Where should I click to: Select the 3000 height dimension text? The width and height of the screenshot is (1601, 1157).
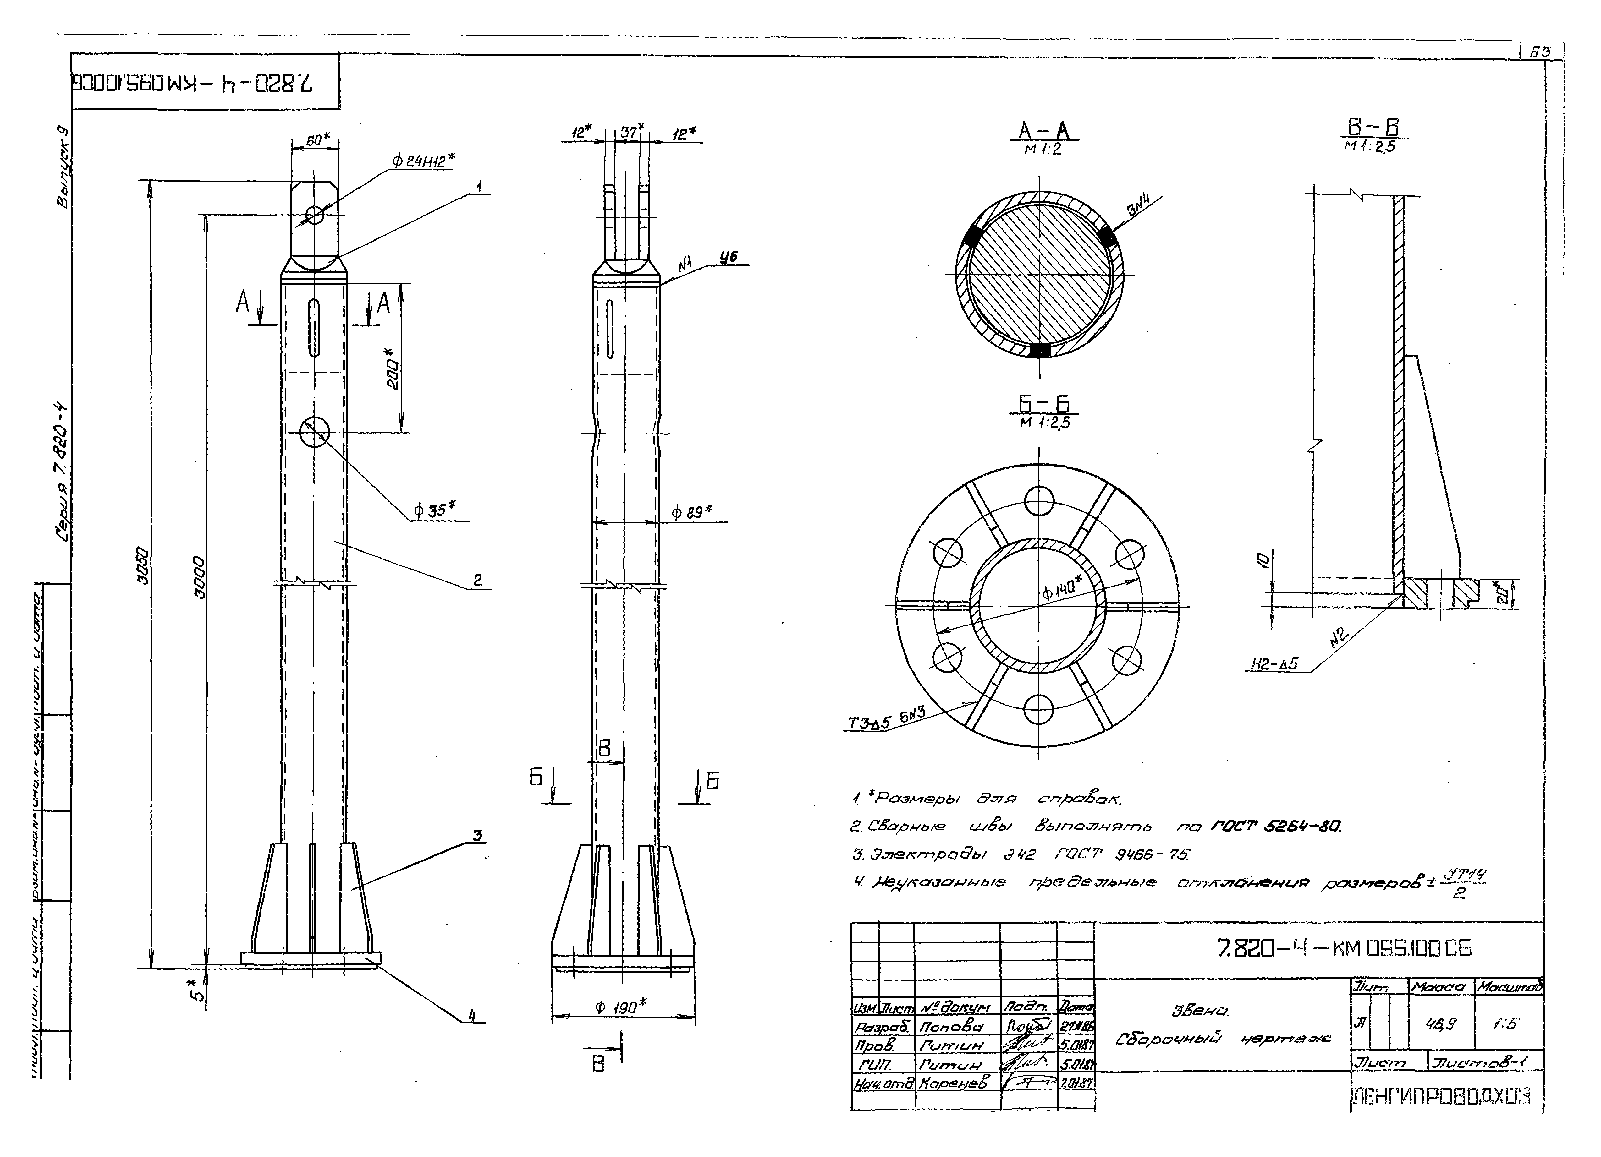200,579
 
